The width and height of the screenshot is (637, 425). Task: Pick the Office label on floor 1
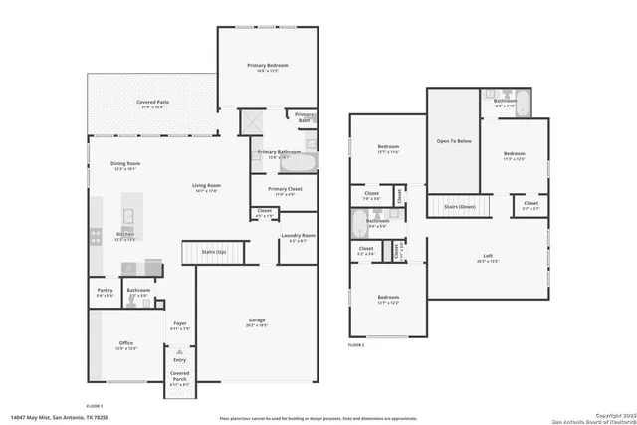click(x=125, y=343)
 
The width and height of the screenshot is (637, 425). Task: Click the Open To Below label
click(x=454, y=141)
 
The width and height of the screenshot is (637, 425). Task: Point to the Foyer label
click(x=180, y=322)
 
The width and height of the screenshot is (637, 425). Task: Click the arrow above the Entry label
click(x=180, y=351)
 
